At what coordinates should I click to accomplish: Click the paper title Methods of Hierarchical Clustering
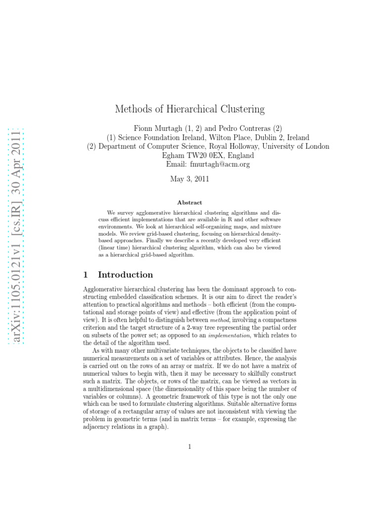point(190,109)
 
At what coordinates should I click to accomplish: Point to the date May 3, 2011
point(190,179)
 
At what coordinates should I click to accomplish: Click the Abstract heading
point(190,202)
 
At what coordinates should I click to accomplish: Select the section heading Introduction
point(125,275)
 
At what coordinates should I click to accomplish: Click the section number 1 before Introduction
point(85,275)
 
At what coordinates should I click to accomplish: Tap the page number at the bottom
point(190,447)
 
